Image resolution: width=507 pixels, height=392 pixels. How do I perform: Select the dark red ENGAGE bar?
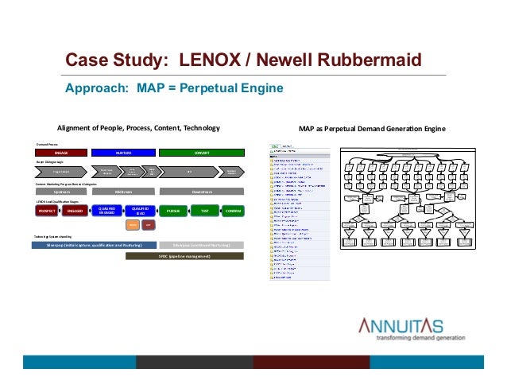(60, 152)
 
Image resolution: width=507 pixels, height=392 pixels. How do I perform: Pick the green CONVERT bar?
(201, 152)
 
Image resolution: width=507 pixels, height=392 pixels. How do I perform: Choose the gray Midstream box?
(122, 192)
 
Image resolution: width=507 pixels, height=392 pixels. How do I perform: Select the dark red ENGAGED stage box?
(76, 211)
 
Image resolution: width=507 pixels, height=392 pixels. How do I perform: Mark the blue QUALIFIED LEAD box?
(140, 211)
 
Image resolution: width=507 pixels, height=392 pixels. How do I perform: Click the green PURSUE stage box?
(173, 211)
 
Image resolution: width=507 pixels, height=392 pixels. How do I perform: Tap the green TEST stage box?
(204, 211)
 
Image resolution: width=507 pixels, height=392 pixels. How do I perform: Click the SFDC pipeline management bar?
(184, 256)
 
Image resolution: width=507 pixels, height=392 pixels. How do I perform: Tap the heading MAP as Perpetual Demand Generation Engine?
(372, 128)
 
